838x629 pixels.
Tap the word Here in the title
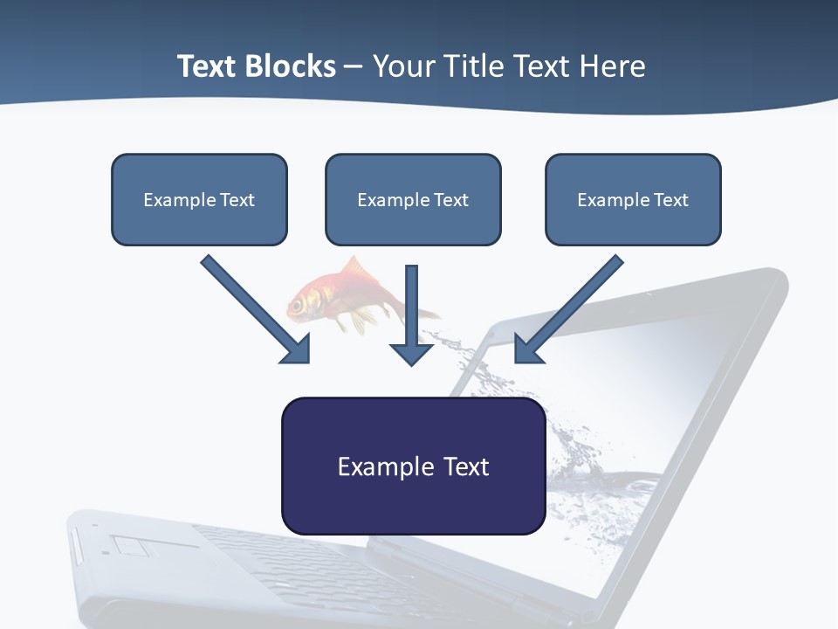[611, 66]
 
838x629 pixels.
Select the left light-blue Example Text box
[199, 199]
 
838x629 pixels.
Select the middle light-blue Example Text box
[413, 199]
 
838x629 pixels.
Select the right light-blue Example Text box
[633, 199]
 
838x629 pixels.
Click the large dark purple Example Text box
[413, 467]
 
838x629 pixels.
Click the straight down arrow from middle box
[411, 314]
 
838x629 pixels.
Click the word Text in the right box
[671, 199]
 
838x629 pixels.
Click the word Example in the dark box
[373, 467]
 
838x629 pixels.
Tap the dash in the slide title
[354, 67]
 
